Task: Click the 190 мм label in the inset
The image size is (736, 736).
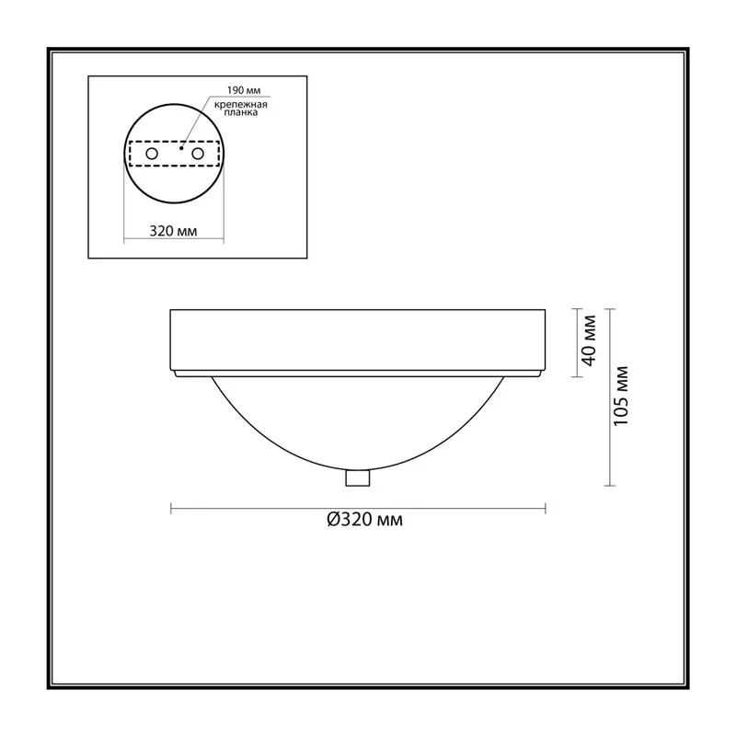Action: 244,90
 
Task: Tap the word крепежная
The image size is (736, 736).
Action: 241,105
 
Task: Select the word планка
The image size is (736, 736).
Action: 241,112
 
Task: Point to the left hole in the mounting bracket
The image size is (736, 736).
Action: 152,154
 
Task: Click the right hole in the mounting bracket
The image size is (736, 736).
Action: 198,154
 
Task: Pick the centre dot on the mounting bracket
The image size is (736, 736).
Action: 181,148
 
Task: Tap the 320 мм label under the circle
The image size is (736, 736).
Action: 173,231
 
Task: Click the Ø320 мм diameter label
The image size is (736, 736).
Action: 364,520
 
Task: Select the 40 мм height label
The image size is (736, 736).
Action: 589,340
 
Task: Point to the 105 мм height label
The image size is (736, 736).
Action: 621,396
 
